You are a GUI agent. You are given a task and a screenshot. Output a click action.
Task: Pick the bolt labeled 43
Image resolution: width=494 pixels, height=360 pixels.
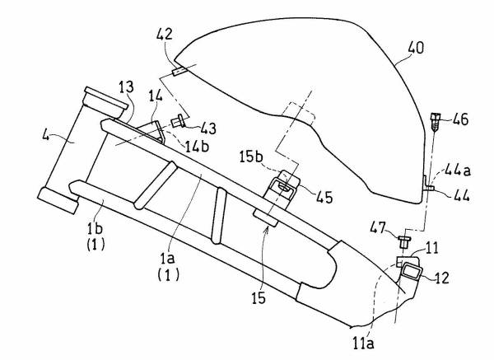(x=177, y=124)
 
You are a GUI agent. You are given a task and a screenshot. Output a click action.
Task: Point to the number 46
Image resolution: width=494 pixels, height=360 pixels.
(x=459, y=119)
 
